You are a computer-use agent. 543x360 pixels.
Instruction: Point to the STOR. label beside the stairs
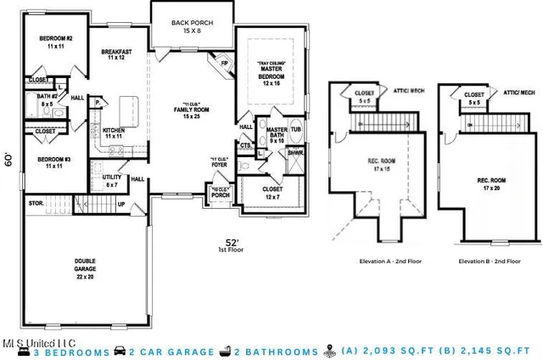coord(36,204)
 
